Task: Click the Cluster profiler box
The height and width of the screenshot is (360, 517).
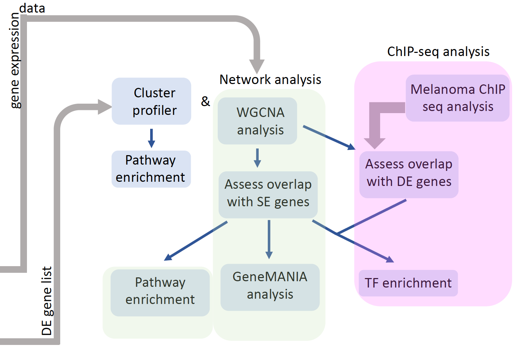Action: point(151,101)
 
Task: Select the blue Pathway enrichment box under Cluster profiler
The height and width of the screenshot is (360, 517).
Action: point(151,169)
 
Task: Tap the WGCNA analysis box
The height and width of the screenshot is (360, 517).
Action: point(257,121)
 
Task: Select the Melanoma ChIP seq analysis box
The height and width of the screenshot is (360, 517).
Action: point(457,98)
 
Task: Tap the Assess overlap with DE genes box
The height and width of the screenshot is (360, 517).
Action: point(408,174)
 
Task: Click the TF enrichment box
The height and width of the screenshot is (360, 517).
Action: point(408,283)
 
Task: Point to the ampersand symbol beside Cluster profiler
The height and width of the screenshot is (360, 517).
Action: point(205,102)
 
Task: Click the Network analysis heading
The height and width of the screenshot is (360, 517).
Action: point(270,80)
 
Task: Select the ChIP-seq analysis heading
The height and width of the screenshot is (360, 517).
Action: point(438,52)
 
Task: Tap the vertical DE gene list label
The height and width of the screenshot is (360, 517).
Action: point(47,300)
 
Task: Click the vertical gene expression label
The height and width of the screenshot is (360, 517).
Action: point(15,60)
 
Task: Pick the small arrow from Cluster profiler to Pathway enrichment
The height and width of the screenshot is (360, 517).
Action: point(152,138)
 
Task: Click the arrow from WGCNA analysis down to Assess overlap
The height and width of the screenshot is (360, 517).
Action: point(257,158)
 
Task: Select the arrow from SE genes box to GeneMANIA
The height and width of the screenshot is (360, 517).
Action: point(269,240)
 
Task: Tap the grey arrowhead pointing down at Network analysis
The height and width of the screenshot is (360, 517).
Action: point(257,66)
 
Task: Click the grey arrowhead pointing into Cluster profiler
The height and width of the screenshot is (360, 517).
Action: point(104,107)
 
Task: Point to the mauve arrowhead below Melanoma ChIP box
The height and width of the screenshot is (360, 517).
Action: point(375,143)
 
